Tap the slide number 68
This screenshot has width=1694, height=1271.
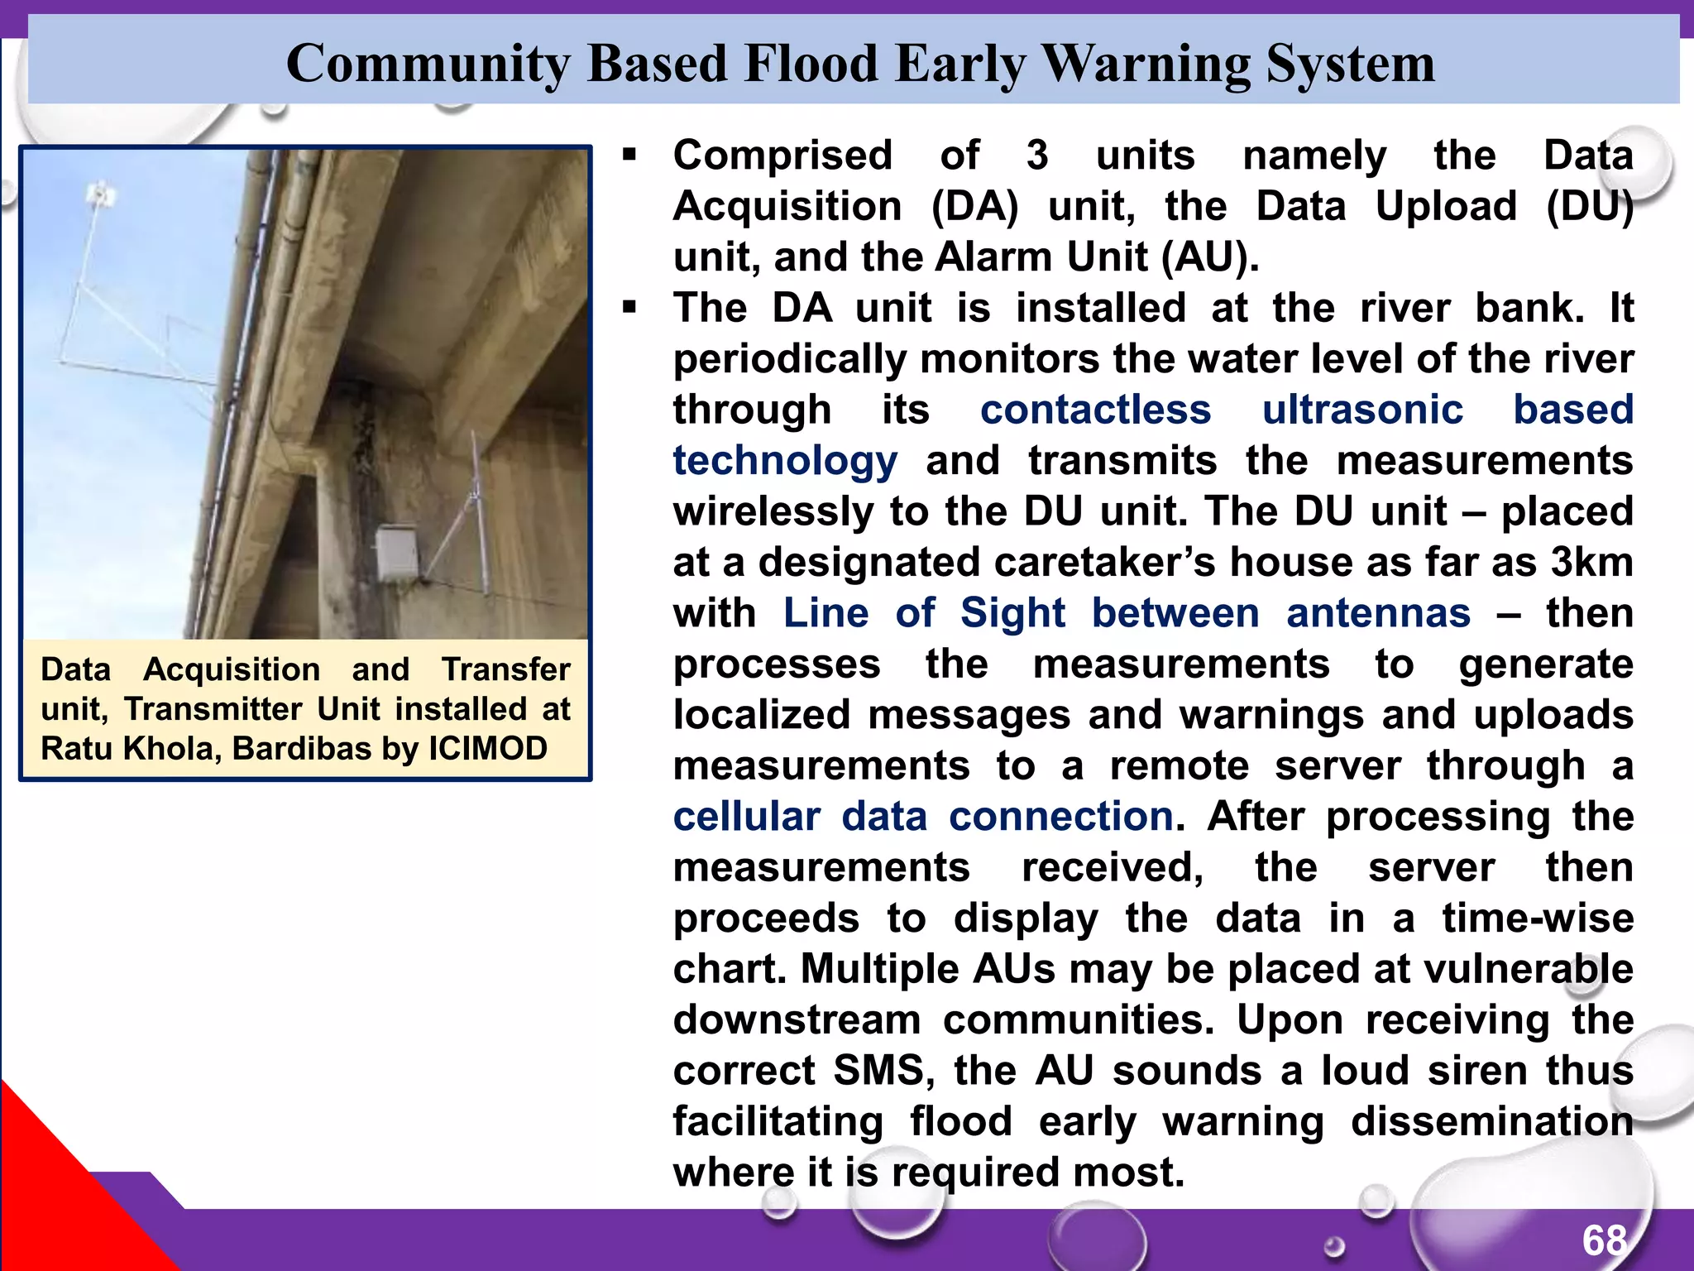click(x=1605, y=1240)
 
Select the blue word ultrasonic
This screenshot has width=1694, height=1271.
click(x=1362, y=410)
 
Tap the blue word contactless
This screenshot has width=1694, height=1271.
click(x=1095, y=410)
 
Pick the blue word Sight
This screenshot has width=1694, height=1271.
click(x=1012, y=613)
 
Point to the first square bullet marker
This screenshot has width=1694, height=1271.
click(x=630, y=155)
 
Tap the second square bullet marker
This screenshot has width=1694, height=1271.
click(x=630, y=308)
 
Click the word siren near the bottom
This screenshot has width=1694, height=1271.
click(x=1477, y=1071)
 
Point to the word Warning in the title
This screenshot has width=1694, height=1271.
click(x=1145, y=63)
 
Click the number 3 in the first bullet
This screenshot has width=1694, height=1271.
click(x=1037, y=155)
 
